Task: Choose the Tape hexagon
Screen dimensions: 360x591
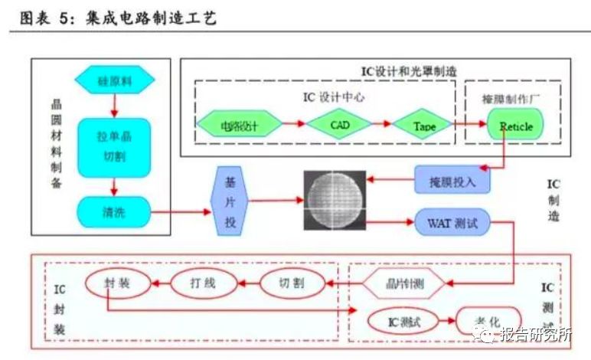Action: pyautogui.click(x=423, y=124)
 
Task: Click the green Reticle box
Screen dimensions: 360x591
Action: pyautogui.click(x=511, y=126)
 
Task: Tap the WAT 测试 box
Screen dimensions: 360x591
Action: pyautogui.click(x=452, y=223)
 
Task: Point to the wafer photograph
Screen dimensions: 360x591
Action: pyautogui.click(x=335, y=198)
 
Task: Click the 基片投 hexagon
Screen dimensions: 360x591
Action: pyautogui.click(x=230, y=201)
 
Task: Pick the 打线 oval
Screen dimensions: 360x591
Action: pyautogui.click(x=202, y=284)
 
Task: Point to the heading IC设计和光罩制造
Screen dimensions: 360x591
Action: pyautogui.click(x=409, y=70)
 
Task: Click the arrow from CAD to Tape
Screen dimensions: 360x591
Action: pyautogui.click(x=380, y=124)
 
